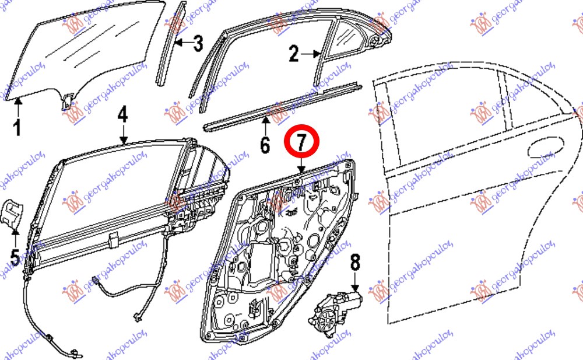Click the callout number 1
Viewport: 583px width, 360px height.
coord(17,128)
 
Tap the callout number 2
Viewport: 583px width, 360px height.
coord(294,54)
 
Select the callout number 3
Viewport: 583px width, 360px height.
coord(198,44)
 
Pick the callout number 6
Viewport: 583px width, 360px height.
coord(265,145)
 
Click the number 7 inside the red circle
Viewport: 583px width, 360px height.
coord(301,142)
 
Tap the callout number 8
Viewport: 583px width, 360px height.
coord(355,262)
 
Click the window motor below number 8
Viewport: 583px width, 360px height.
coord(335,313)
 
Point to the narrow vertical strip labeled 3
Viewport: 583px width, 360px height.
coord(171,44)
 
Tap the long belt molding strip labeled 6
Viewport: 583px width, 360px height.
coord(283,107)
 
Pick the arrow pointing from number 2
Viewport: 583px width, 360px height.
coord(311,54)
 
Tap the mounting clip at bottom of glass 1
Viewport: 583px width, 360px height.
coord(66,101)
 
